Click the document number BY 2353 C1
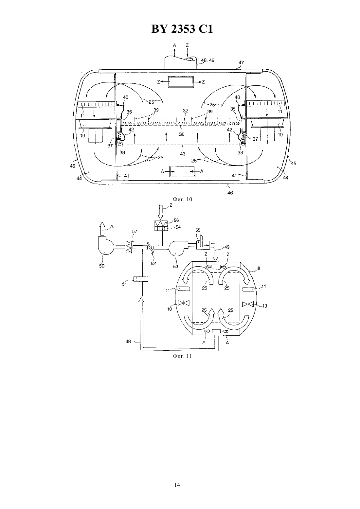point(182,29)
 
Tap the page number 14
point(177,485)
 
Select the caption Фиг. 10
point(182,199)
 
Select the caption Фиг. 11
point(182,356)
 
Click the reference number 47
point(241,62)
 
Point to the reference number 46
point(230,193)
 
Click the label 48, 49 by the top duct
point(208,60)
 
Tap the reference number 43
point(183,154)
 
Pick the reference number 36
point(182,134)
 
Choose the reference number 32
point(186,111)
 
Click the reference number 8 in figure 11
point(259,268)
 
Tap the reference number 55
point(198,230)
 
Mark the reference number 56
point(176,220)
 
